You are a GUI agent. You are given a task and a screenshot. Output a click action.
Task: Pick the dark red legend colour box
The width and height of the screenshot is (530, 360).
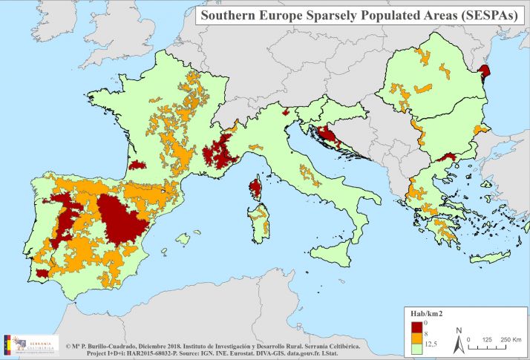[x=416, y=325]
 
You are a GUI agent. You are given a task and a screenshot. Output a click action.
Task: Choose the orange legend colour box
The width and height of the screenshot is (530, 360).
[x=416, y=335]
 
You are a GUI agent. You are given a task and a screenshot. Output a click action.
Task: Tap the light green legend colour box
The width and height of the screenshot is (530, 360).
[x=416, y=345]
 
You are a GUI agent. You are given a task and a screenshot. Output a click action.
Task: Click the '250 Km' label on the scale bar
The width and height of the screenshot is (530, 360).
[x=509, y=338]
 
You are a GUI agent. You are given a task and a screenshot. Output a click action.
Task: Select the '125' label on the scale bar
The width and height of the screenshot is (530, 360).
[x=487, y=338]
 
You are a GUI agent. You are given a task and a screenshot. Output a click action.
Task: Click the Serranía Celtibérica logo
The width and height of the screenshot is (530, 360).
[x=30, y=344]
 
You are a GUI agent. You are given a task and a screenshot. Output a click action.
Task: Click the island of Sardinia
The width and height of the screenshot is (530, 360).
[x=259, y=223]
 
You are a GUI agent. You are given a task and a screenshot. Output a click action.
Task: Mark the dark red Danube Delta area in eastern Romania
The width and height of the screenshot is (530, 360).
[x=486, y=71]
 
